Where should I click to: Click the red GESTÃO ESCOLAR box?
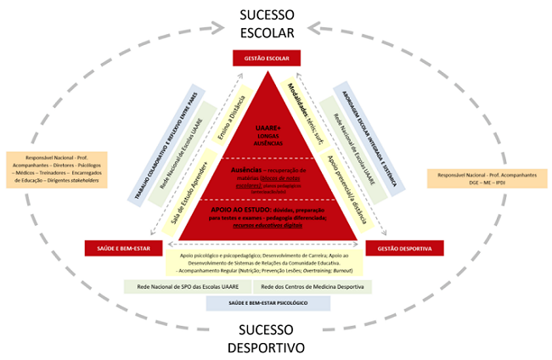[x=267, y=58]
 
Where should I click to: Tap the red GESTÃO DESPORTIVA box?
[x=398, y=249]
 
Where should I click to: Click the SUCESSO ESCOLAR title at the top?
[x=266, y=25]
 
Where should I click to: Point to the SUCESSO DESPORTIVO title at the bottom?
[x=266, y=339]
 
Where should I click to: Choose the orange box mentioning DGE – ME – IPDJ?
[x=488, y=178]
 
